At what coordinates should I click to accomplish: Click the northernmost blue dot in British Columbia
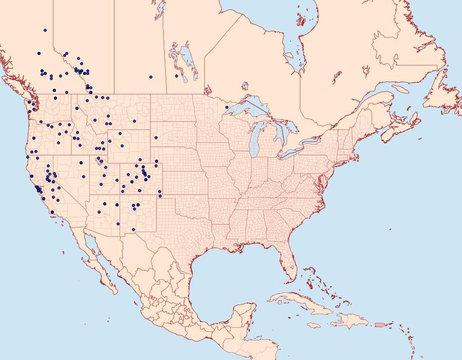pos(45,30)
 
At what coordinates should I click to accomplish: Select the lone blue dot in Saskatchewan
pos(151,77)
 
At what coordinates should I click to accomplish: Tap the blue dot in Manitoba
pos(177,76)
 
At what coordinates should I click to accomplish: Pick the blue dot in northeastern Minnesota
pos(226,107)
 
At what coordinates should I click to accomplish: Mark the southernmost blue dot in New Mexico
pos(133,230)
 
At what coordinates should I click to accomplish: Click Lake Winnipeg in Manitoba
pos(185,56)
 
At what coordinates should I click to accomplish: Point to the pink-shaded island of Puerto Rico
pos(379,324)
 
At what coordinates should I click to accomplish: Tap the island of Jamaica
pos(314,325)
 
